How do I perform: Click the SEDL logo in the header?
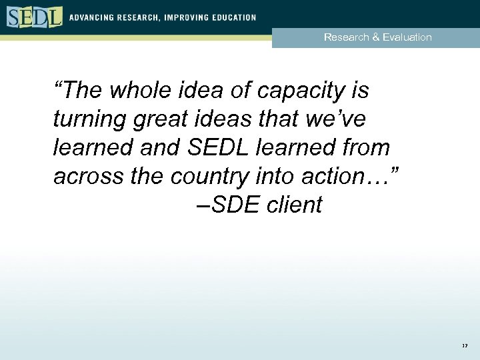coord(35,17)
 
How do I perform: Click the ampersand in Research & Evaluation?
coord(377,37)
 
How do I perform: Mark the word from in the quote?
coord(366,147)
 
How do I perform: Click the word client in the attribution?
coord(294,205)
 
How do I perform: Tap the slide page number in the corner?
coord(464,347)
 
